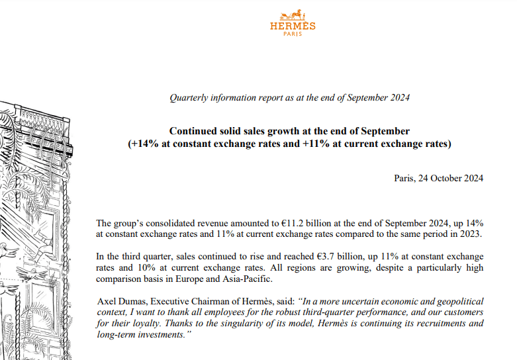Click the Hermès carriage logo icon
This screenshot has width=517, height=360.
(x=293, y=15)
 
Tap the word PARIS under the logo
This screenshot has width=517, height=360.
(x=293, y=34)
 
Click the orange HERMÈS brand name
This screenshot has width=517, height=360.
(x=293, y=26)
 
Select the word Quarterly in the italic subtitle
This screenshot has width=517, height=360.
(x=190, y=98)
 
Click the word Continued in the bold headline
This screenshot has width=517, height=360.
(x=192, y=131)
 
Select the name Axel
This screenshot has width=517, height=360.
(x=107, y=300)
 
